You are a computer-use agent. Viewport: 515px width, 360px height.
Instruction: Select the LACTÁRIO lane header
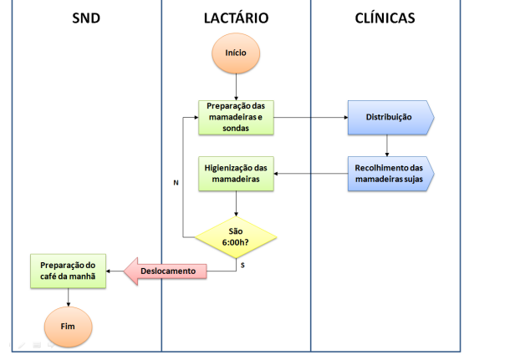point(236,18)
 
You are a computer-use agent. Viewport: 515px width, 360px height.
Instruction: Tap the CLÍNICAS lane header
point(385,18)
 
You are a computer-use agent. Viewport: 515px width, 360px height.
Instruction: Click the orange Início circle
point(237,53)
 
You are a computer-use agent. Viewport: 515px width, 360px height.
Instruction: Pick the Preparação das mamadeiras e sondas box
point(237,117)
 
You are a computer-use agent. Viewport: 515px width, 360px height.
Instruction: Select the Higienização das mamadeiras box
point(237,173)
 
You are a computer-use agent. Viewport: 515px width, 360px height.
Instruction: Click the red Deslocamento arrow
point(166,271)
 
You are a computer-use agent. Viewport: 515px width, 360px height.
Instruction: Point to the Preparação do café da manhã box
point(68,271)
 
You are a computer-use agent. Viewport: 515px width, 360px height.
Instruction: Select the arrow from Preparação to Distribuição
point(309,117)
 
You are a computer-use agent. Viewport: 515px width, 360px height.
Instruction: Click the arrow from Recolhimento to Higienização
point(309,174)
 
